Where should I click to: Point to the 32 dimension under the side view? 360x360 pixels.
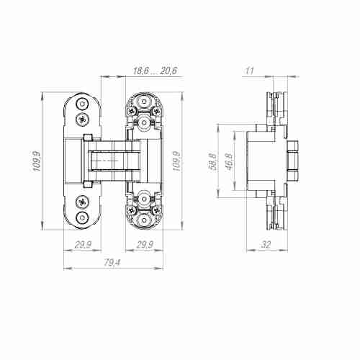(x=265, y=246)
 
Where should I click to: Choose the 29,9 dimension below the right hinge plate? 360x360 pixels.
(x=145, y=246)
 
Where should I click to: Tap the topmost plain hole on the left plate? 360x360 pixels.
(x=83, y=102)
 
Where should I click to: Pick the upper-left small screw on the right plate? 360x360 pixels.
(x=131, y=111)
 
